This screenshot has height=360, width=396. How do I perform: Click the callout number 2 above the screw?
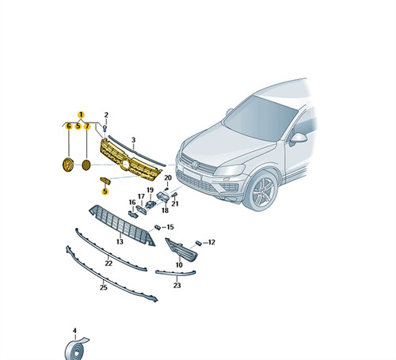106,115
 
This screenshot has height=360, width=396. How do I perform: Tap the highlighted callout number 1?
81,115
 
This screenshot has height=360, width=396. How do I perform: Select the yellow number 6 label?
69,127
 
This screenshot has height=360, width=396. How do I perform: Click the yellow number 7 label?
87,127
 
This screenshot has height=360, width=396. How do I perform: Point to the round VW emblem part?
68,165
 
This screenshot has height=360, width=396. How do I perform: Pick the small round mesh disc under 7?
86,165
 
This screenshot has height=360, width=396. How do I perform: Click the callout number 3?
133,140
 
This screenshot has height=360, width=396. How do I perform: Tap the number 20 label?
168,178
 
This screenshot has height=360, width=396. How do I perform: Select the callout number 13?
120,241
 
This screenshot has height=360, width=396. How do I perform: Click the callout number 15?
170,227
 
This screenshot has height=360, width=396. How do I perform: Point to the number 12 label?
211,242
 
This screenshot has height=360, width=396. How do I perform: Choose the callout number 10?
179,264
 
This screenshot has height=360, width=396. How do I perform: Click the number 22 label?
109,263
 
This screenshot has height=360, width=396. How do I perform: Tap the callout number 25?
104,287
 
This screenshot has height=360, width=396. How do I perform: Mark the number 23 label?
177,286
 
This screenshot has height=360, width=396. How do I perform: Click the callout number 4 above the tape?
74,331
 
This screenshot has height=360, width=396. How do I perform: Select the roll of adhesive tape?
74,349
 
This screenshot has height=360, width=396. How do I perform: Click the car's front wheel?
260,191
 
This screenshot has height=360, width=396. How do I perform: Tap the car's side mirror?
298,138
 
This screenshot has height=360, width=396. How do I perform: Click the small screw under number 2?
105,128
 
